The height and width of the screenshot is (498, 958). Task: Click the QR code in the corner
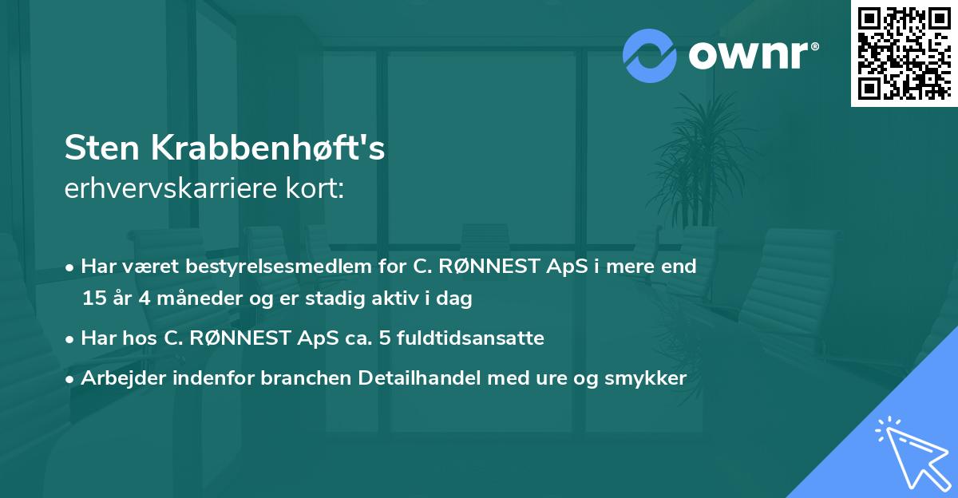[x=904, y=53]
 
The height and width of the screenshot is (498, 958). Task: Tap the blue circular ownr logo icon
[x=650, y=55]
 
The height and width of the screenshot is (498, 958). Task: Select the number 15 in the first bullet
[x=94, y=298]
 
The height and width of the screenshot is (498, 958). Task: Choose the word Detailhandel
[x=428, y=378]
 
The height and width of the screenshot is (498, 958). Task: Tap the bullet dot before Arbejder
[x=71, y=379]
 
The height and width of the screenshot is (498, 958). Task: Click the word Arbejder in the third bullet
[x=120, y=378]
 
